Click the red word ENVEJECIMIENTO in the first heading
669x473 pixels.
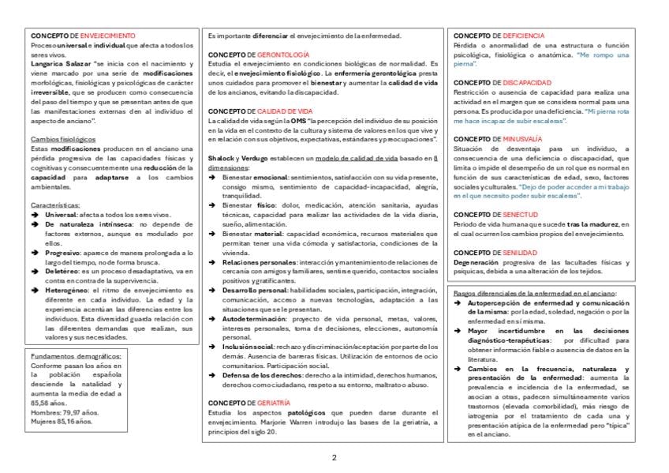(x=108, y=36)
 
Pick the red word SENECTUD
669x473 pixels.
(x=521, y=214)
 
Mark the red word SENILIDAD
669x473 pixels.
(x=521, y=253)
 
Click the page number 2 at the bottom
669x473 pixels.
(x=334, y=458)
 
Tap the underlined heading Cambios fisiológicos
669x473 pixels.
(x=63, y=139)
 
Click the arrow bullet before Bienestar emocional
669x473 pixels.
(x=213, y=178)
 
